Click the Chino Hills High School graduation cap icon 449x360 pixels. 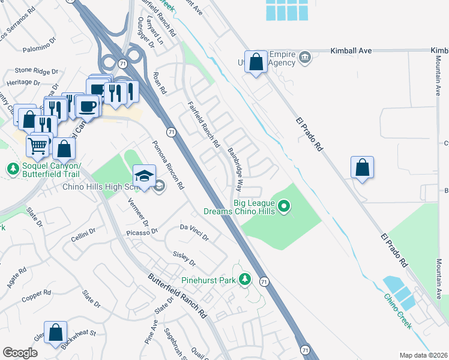tap(144, 176)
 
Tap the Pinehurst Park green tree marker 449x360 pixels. tap(244, 278)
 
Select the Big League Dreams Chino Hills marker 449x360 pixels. tap(285, 208)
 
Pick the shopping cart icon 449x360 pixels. tap(38, 145)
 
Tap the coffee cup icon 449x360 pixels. tap(88, 106)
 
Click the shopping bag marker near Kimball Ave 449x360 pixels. tap(256, 61)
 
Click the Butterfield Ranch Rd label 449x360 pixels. tap(178, 296)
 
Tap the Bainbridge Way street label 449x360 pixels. tap(235, 167)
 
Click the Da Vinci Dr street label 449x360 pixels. tap(194, 232)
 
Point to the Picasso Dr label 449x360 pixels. tap(142, 231)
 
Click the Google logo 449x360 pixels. tap(20, 353)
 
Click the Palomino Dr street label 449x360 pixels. tap(39, 50)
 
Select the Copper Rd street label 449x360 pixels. tap(36, 295)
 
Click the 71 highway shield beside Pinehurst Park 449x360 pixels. tap(264, 281)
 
